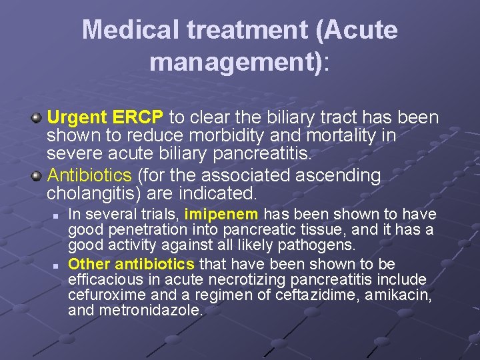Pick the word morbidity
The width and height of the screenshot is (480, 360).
pos(201,136)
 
